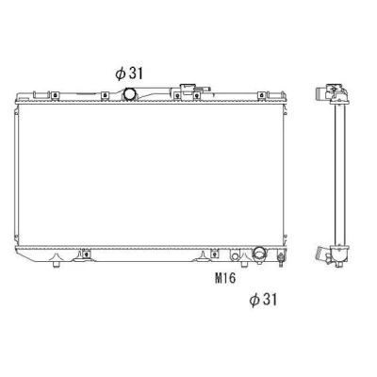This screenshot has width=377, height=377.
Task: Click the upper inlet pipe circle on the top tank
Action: [x=129, y=94]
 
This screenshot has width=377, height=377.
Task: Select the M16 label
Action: [x=225, y=278]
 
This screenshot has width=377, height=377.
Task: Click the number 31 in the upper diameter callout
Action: [x=136, y=74]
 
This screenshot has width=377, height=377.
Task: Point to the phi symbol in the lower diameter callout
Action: [x=254, y=300]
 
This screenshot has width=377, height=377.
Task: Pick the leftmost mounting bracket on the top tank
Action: [x=56, y=95]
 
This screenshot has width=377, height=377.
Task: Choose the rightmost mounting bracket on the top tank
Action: [x=261, y=95]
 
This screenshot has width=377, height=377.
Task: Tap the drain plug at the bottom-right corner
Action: [x=281, y=259]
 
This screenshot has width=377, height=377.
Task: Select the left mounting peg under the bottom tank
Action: [x=56, y=264]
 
